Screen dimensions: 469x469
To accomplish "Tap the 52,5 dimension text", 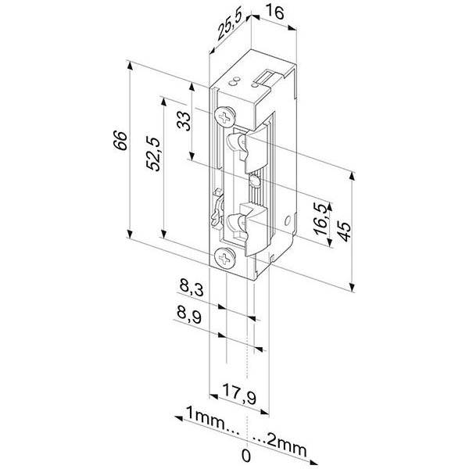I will [x=154, y=153].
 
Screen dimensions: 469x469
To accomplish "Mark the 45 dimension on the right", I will [x=342, y=231].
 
